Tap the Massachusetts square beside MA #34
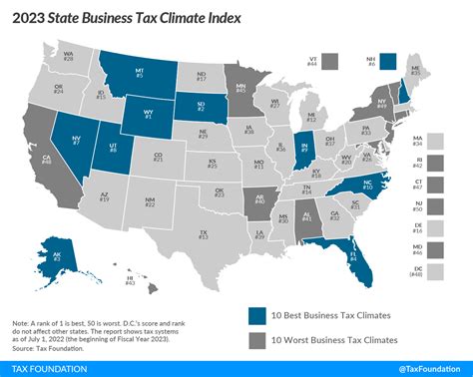447,146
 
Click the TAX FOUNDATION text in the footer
44,367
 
